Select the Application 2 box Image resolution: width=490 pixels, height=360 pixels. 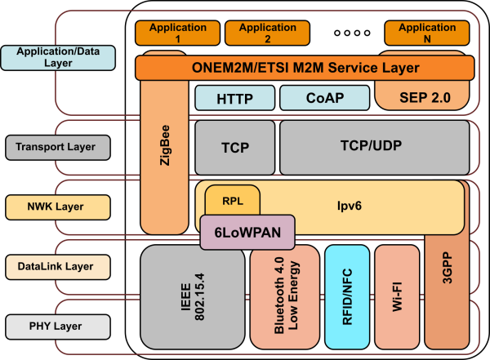(x=256, y=33)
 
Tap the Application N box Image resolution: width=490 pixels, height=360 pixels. (x=426, y=33)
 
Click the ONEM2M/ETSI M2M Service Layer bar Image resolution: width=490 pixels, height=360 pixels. (x=305, y=68)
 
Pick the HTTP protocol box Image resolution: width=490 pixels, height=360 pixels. (x=234, y=99)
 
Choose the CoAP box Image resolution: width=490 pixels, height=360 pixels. (x=324, y=99)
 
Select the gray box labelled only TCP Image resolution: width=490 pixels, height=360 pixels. (x=234, y=148)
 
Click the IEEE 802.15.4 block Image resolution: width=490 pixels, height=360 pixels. (x=193, y=296)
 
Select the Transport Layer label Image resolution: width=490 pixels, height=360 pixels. (x=56, y=148)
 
